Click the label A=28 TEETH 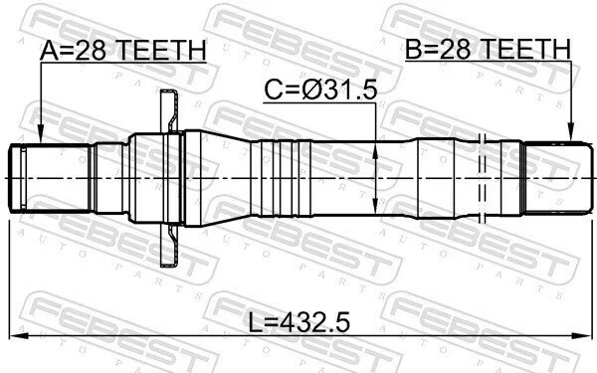123,50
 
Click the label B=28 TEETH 489,49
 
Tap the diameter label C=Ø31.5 320,91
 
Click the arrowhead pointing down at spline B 571,131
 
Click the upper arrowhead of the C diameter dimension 375,151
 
